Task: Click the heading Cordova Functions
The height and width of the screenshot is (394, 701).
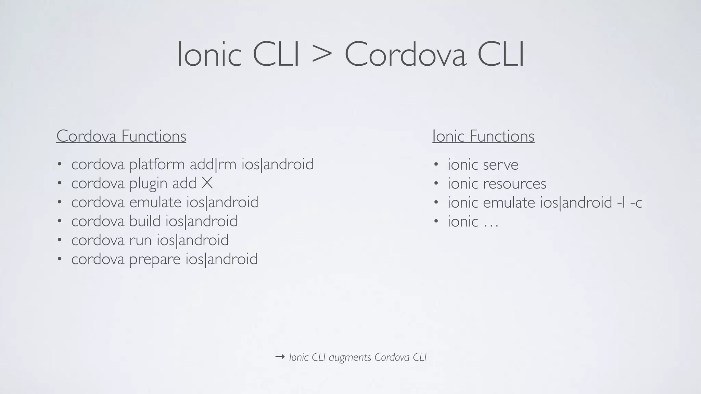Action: coord(121,136)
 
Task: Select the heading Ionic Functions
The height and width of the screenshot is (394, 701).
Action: coord(483,136)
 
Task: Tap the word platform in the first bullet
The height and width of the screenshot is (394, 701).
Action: coord(157,165)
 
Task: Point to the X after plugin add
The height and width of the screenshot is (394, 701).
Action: coord(207,183)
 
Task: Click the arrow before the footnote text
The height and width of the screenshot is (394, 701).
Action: coord(280,357)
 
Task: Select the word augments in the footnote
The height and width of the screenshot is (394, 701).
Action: coord(350,358)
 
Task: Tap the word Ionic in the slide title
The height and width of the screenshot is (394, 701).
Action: coord(209,55)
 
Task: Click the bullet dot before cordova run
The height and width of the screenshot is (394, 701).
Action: coord(60,240)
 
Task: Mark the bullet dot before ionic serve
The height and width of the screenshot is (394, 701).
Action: coord(436,165)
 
